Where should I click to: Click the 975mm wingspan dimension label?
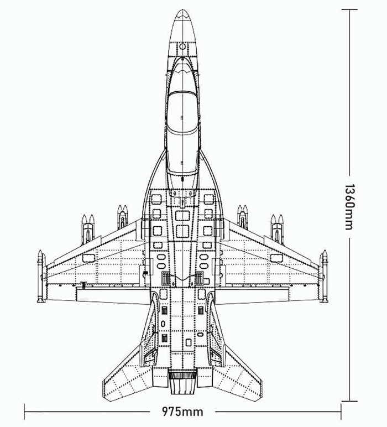tap(182, 411)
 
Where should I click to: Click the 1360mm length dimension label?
tap(350, 207)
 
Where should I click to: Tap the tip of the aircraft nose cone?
tap(182, 9)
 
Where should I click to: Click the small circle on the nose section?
tap(182, 46)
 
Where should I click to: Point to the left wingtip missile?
tap(41, 277)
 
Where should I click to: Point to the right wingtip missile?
tap(323, 277)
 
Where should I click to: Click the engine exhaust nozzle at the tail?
tap(182, 382)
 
